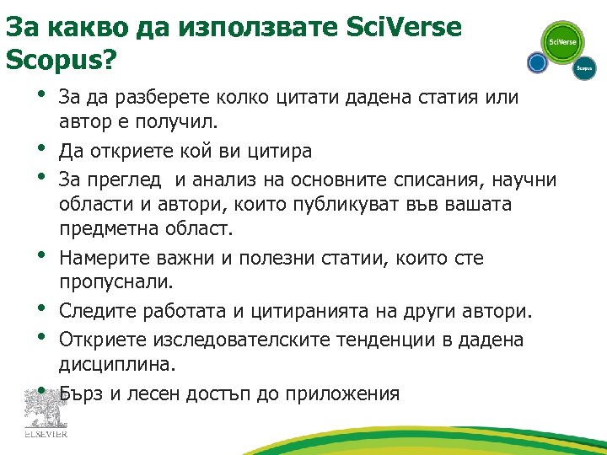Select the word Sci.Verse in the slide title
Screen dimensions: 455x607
point(405,27)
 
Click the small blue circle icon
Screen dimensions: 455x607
point(536,62)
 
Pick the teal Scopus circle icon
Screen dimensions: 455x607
point(584,67)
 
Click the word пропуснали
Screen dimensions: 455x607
point(115,283)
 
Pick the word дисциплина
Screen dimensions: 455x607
point(116,364)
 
